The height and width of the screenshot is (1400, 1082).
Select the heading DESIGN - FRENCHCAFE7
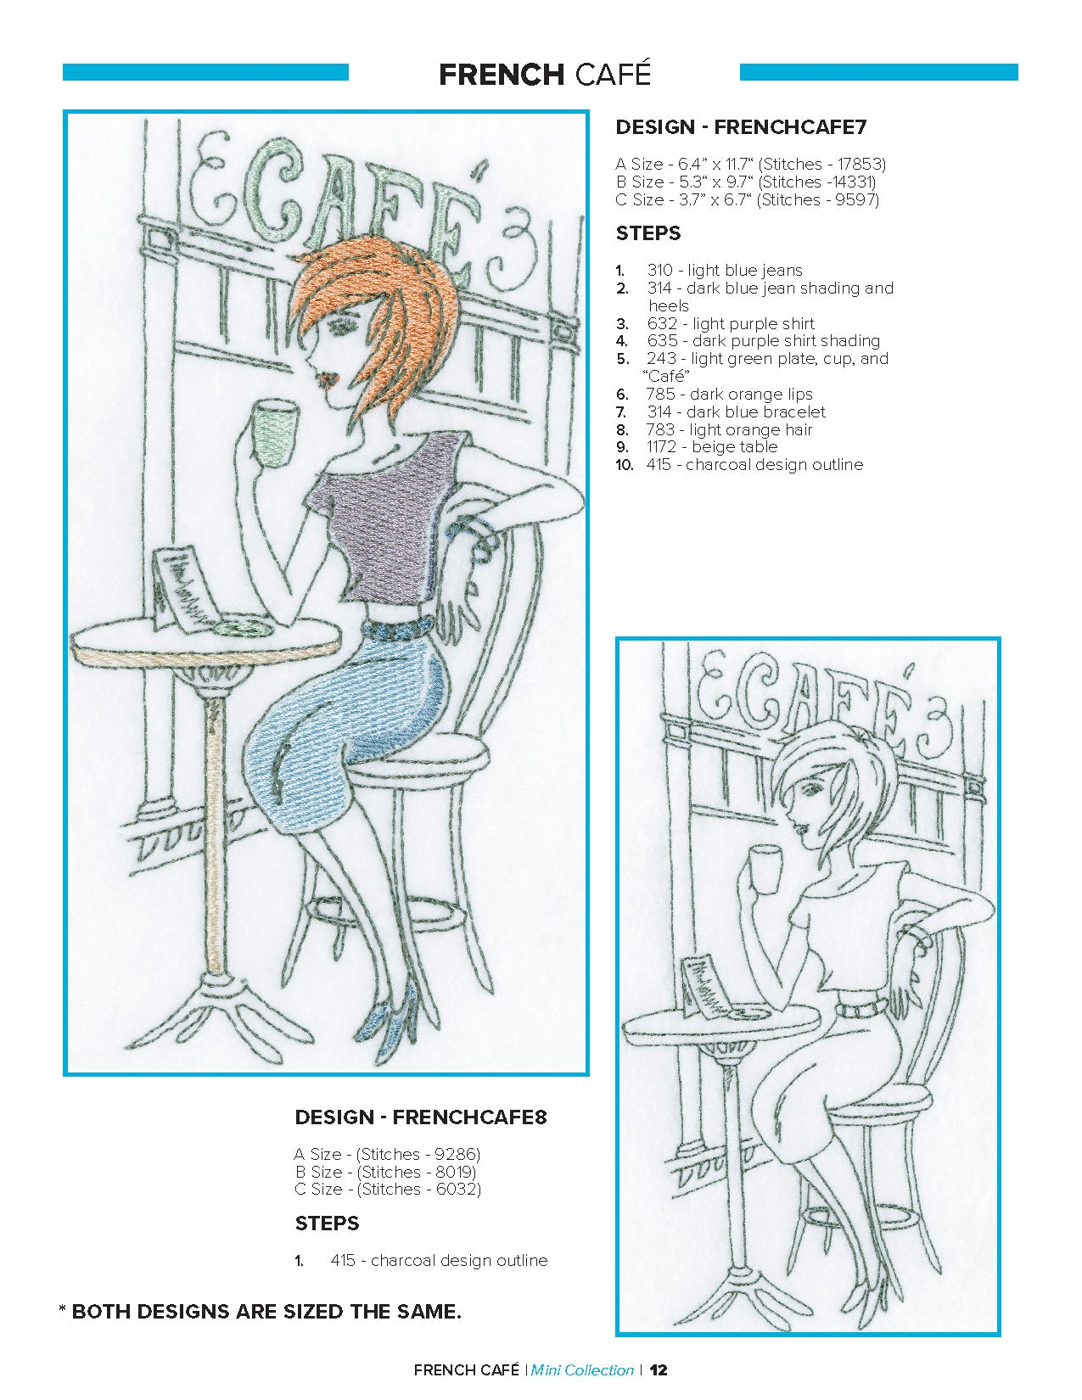(x=741, y=127)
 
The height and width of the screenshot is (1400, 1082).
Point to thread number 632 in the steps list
(x=662, y=323)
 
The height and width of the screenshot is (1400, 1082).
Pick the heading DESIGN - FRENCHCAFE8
(x=421, y=1117)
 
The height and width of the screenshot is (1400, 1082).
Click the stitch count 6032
(x=456, y=1189)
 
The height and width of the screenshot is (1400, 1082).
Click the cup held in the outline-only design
(x=765, y=871)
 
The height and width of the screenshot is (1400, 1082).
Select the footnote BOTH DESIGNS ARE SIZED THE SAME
(x=266, y=1312)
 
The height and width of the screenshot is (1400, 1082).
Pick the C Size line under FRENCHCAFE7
(x=748, y=199)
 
